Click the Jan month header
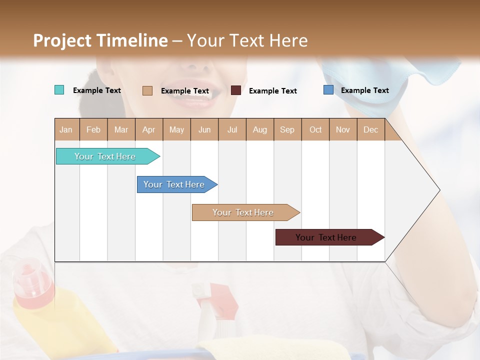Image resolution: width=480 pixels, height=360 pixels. [66, 129]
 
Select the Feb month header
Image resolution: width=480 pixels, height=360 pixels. [93, 129]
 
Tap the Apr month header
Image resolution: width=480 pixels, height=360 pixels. [149, 129]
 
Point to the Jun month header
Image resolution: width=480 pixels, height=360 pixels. [204, 129]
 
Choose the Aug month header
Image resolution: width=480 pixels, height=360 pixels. [260, 129]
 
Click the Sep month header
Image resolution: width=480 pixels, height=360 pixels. [287, 129]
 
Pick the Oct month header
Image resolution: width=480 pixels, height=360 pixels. [315, 129]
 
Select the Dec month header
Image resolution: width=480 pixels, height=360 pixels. [371, 129]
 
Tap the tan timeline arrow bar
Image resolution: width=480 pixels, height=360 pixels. [243, 212]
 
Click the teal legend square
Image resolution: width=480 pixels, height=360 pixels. [59, 90]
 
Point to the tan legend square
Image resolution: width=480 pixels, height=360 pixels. [147, 90]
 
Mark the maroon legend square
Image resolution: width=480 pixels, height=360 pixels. [236, 90]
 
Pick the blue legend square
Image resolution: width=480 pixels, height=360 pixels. [328, 90]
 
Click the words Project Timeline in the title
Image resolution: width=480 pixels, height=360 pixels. [100, 40]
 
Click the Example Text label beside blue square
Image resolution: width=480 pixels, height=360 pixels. [364, 90]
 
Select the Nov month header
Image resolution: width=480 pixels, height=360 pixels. [343, 129]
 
